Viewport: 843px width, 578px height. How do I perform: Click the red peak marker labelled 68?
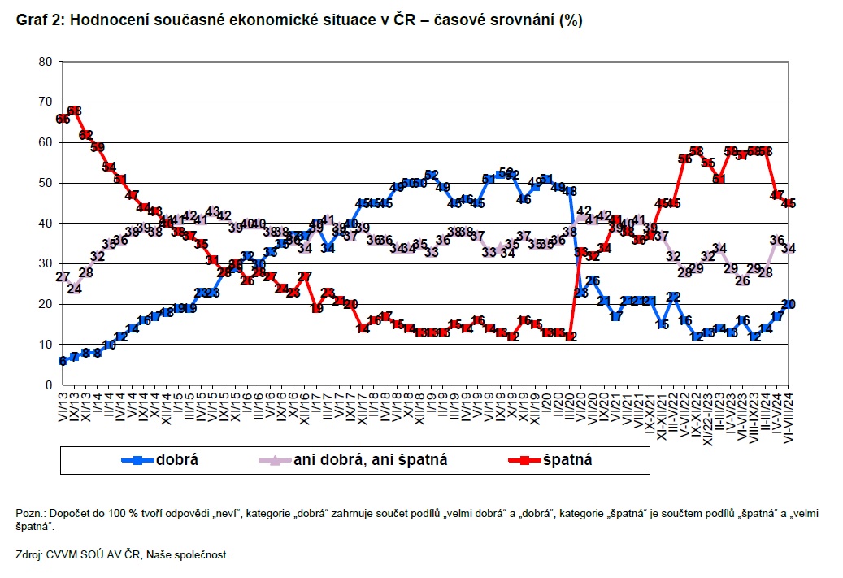pos(74,111)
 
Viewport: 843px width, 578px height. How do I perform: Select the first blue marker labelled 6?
pos(63,360)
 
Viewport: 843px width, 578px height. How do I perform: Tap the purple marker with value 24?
pos(74,288)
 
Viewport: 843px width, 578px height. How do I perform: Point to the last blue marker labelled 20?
pos(787,304)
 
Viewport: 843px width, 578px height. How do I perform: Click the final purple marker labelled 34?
pos(787,248)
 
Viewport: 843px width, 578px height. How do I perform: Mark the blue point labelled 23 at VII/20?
pos(581,293)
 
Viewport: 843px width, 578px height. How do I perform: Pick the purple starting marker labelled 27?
pos(63,276)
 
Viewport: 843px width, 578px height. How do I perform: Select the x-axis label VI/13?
pos(63,406)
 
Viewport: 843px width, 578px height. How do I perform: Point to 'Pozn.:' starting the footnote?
pos(31,515)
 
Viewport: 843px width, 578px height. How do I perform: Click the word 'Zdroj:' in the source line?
pos(32,555)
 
